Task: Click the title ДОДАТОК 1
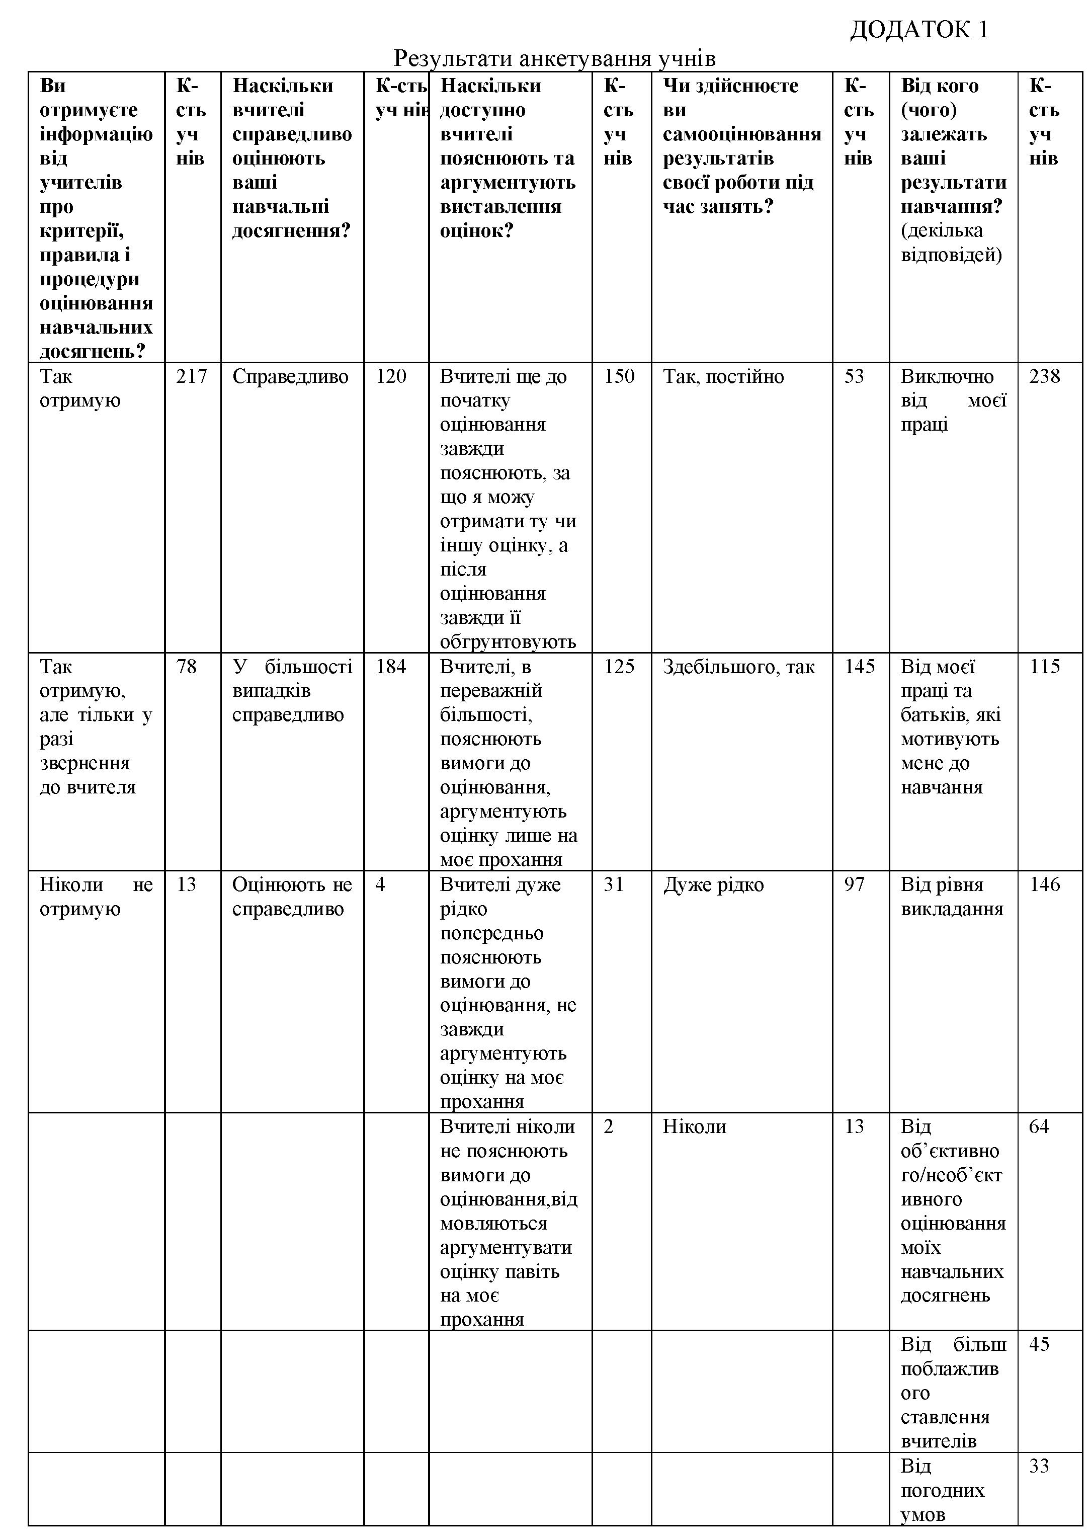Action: point(918,30)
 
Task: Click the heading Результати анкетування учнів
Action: point(554,59)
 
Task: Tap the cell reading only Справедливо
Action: point(290,376)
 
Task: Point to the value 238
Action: point(1044,376)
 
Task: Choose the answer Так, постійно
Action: point(723,376)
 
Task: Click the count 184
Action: point(391,667)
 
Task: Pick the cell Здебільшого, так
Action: point(738,667)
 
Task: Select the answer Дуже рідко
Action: point(713,884)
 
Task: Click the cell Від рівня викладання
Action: point(952,897)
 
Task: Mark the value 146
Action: point(1044,884)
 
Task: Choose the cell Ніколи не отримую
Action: point(96,897)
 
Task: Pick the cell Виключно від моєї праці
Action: point(953,400)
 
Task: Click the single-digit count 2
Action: point(608,1126)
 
